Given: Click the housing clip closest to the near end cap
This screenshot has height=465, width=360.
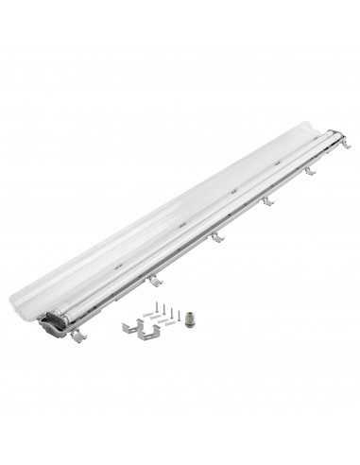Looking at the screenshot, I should [77, 336].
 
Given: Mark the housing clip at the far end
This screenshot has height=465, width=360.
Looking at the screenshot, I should [346, 142].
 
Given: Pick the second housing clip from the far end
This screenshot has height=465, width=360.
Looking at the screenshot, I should [309, 170].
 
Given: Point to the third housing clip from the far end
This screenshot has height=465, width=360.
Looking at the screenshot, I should [267, 200].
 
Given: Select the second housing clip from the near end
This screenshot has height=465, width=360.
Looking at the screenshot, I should [153, 281].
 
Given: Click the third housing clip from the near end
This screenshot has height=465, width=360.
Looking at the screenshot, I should [216, 236].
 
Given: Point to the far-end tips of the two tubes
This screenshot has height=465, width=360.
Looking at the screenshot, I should [331, 134].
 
